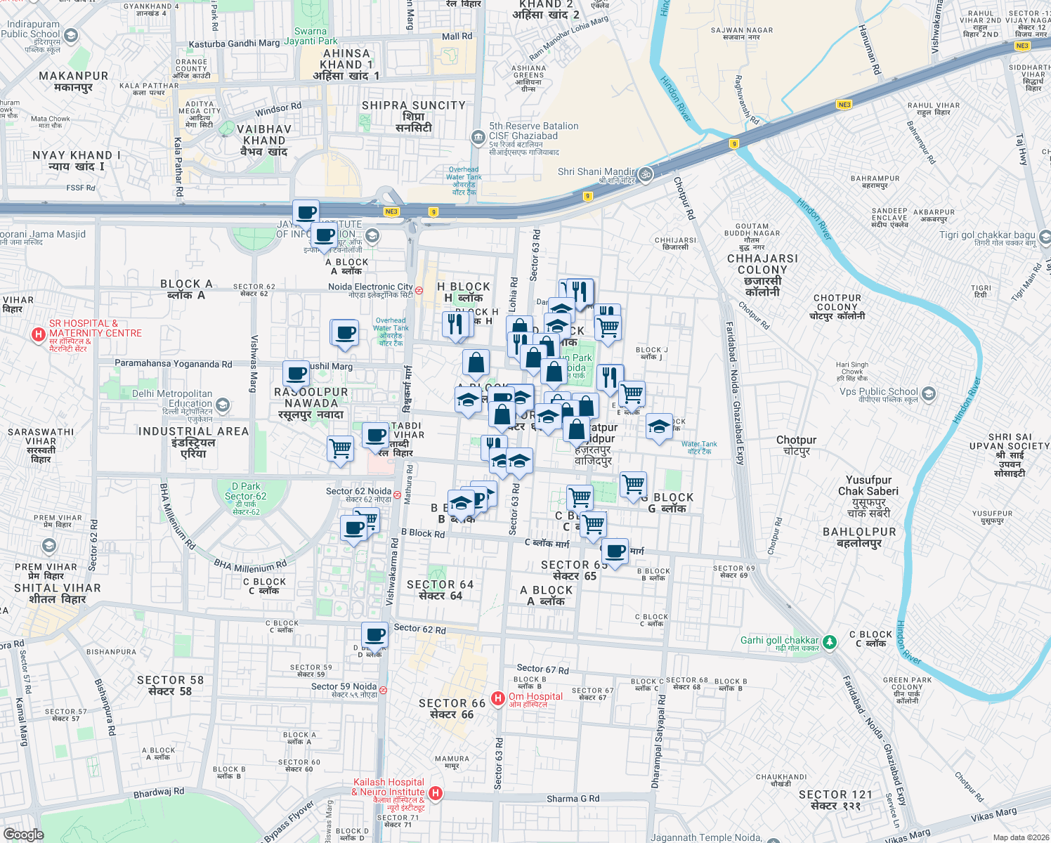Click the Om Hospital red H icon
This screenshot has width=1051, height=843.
pos(497,698)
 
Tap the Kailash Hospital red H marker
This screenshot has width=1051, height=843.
pos(436,793)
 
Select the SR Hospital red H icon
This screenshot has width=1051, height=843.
pos(39,335)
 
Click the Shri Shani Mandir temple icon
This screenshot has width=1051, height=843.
pos(646,174)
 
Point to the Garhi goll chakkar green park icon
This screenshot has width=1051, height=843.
pos(830,641)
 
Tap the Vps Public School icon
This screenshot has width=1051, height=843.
pos(929,393)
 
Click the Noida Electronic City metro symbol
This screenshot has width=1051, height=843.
pos(419,290)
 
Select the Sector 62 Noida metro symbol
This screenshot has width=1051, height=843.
pos(398,495)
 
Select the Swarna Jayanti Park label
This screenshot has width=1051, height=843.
pos(311,36)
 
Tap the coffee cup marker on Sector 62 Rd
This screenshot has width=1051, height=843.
pos(374,635)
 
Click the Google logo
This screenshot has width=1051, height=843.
pos(24,834)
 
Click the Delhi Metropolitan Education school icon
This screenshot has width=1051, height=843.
pos(223,405)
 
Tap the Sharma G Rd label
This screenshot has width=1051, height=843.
pos(573,798)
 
